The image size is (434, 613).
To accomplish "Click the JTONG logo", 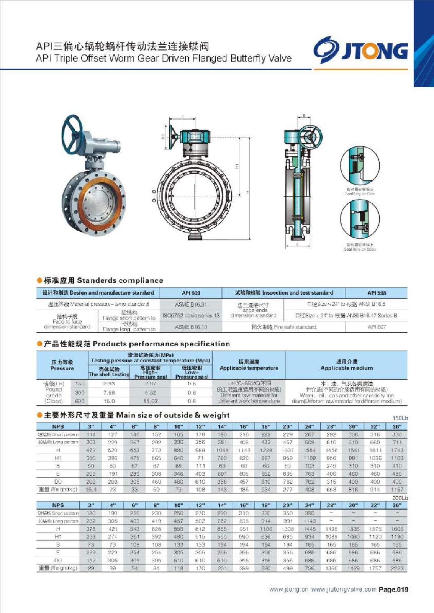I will point(360,50).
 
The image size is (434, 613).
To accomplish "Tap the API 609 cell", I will point(191,293).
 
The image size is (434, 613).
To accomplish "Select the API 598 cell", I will point(377,293).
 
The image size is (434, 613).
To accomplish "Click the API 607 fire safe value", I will point(377,327).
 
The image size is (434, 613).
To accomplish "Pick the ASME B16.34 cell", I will point(191,304).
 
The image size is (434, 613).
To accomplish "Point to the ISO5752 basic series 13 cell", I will point(191,315).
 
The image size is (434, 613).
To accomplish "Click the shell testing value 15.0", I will point(109,401).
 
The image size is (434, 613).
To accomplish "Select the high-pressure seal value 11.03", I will point(150,401).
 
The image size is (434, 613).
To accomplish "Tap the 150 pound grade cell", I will point(80,384).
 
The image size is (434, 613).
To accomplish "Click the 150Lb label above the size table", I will point(400,418).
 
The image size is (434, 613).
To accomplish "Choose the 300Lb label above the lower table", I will point(400,497).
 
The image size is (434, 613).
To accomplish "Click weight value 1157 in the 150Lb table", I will point(397,489).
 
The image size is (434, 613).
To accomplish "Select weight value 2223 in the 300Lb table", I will point(397,568).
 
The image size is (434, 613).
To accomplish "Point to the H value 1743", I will point(397,450).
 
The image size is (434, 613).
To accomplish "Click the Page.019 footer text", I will point(393,590).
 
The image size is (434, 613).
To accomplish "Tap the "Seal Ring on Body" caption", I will point(360,249).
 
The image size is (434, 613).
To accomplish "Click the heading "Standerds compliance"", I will point(120,280).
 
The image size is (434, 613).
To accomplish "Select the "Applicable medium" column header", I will point(346,368).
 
